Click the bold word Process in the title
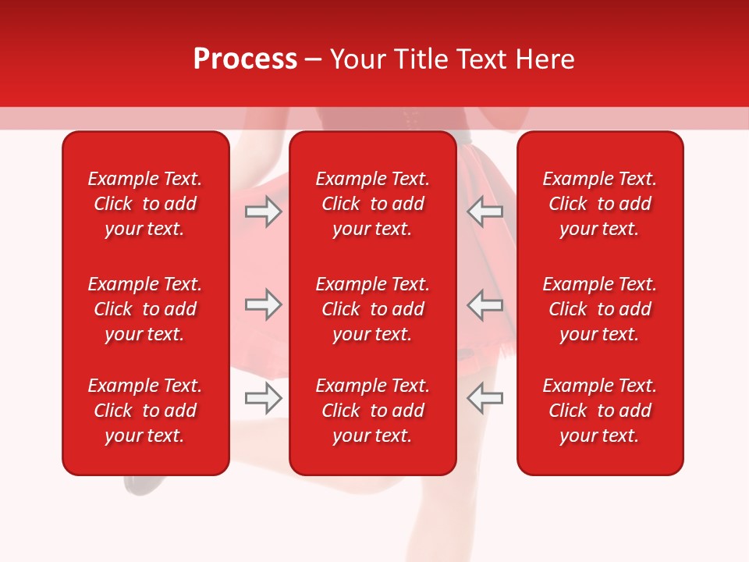[245, 59]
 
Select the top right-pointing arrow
[263, 212]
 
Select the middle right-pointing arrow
[263, 305]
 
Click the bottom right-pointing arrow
[263, 399]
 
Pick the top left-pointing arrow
[485, 212]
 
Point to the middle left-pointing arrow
[485, 305]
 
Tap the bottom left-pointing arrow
[485, 399]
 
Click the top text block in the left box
[145, 204]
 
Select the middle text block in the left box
[145, 309]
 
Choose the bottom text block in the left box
[145, 411]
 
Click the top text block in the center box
[372, 204]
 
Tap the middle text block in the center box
[372, 309]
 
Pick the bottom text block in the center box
[372, 411]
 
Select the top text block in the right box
[599, 204]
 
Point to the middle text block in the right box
[599, 309]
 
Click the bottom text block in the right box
[599, 411]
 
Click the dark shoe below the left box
[140, 485]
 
